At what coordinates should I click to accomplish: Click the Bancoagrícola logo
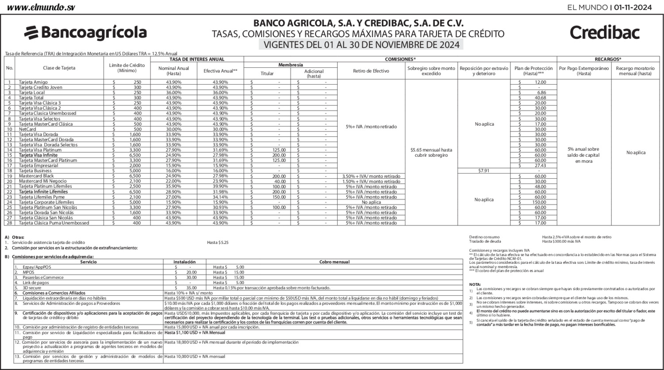point(85,32)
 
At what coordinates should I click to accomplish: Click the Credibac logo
point(605,32)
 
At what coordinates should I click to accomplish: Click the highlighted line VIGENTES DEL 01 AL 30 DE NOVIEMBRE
point(360,45)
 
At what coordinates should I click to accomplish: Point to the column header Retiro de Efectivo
point(371,71)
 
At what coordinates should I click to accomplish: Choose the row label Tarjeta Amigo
point(33,82)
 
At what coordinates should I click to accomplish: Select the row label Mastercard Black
point(36,176)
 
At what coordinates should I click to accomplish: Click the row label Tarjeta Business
point(35,171)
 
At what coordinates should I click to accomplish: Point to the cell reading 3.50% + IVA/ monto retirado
point(371,176)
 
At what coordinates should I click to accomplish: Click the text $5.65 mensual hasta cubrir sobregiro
point(431,153)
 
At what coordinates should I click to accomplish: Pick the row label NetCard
point(27,129)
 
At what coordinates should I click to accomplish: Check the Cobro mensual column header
point(334,262)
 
